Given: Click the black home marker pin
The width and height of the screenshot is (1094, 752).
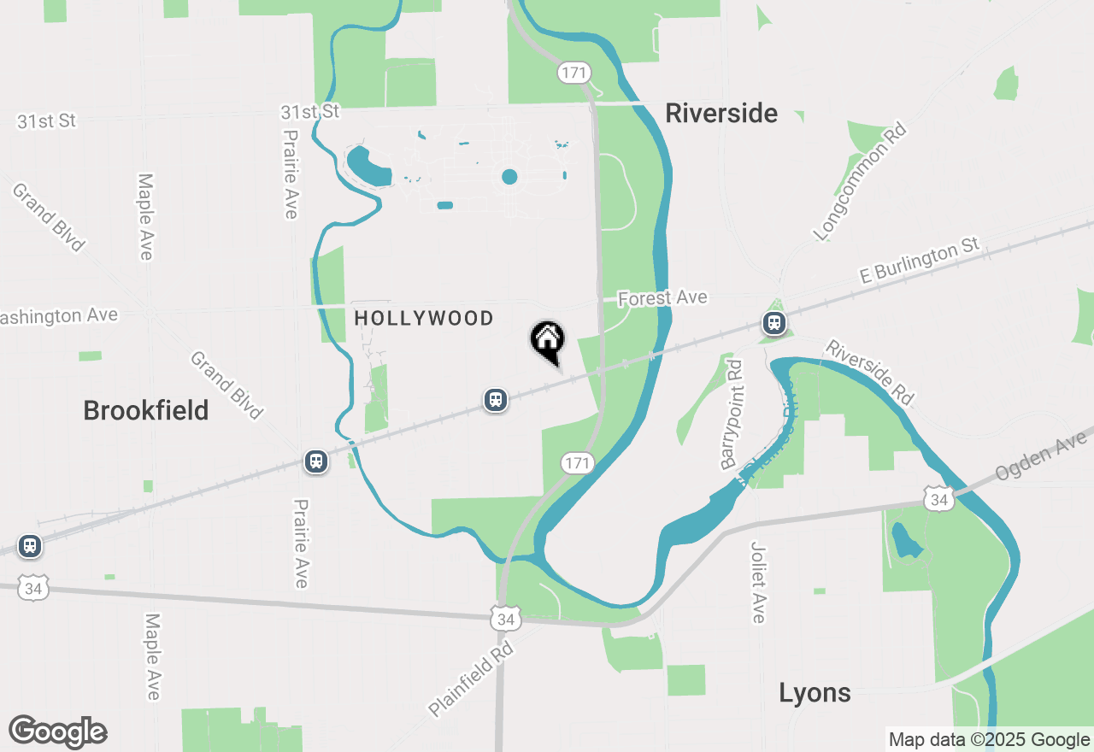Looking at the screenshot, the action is click(548, 340).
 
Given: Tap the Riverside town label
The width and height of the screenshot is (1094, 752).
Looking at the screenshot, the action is click(721, 113).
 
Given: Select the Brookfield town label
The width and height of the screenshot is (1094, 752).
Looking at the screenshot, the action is click(146, 410).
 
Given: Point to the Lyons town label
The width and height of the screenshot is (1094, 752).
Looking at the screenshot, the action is click(815, 692).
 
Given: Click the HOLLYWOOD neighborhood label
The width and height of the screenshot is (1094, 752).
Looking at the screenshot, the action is click(424, 319).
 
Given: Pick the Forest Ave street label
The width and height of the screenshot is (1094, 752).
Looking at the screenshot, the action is click(662, 297).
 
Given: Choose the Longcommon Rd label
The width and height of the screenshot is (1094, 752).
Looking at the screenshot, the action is click(859, 182).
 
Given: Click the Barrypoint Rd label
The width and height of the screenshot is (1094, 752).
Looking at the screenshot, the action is click(732, 414).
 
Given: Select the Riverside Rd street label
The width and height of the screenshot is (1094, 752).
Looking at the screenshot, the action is click(870, 373).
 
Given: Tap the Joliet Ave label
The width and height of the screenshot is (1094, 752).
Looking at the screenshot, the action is click(758, 582).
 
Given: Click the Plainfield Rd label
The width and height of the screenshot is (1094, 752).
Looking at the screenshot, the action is click(471, 674).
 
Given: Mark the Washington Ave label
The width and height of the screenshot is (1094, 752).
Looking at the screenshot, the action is click(58, 316).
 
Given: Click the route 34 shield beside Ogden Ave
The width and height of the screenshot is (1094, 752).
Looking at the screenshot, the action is click(939, 498).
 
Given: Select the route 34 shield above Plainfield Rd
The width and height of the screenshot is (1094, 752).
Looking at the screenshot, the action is click(505, 618).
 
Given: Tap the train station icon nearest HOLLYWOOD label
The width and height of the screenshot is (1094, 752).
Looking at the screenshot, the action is click(496, 399).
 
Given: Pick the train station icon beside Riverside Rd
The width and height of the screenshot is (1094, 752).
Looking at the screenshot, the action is click(774, 323).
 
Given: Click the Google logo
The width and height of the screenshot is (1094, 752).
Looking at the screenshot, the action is click(57, 732).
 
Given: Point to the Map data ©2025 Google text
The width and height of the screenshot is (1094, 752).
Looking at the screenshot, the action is click(989, 740).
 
